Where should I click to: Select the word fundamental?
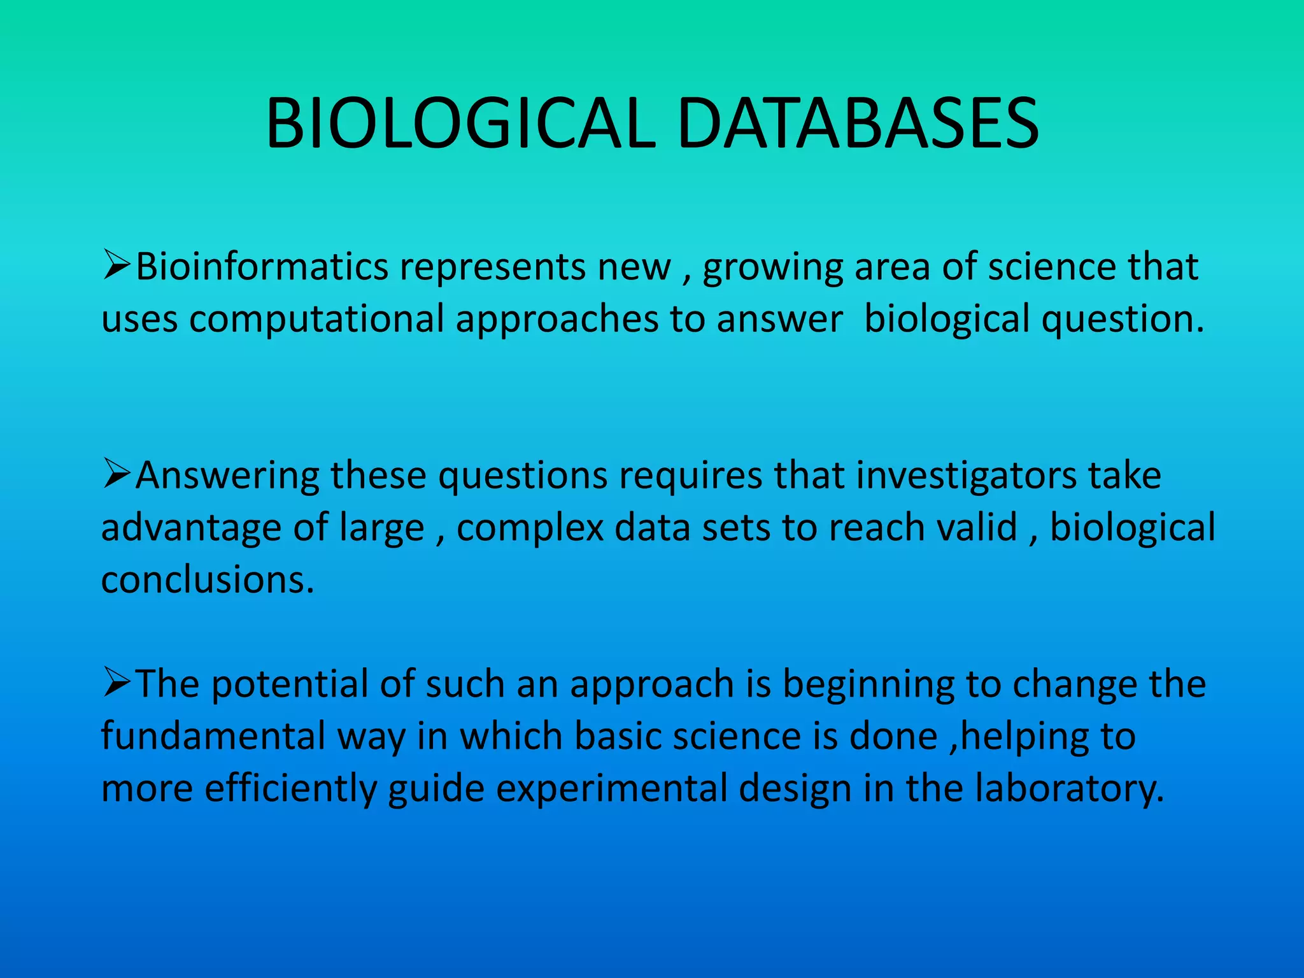coord(213,736)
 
